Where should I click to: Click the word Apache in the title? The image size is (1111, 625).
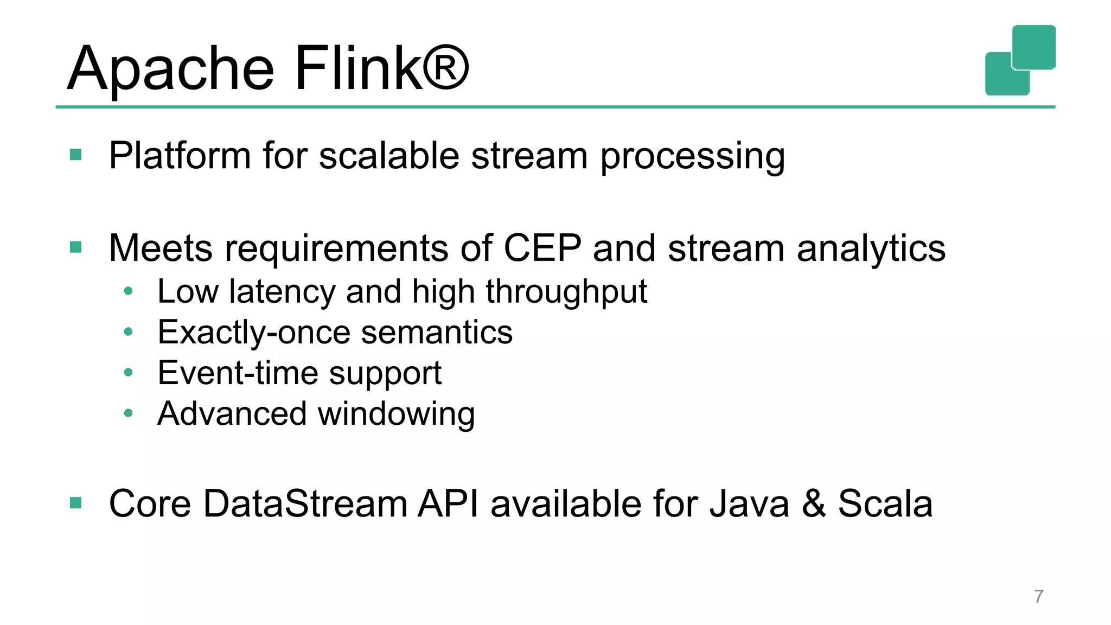[x=171, y=69]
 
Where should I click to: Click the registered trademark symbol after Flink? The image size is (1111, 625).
[x=446, y=68]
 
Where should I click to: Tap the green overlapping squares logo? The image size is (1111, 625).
[x=1020, y=60]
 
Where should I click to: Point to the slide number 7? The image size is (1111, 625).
[x=1038, y=596]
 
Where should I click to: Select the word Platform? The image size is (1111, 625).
[x=180, y=156]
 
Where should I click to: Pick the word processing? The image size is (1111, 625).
[x=692, y=157]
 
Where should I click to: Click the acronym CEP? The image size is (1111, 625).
[x=542, y=248]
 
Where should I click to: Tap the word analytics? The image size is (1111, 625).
[x=871, y=250]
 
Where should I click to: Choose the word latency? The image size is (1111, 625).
[x=282, y=292]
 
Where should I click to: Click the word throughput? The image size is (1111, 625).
[x=566, y=293]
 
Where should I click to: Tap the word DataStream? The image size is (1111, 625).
[x=305, y=503]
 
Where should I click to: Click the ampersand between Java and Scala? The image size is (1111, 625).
[x=813, y=503]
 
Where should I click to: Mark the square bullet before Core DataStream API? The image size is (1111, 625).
[x=76, y=503]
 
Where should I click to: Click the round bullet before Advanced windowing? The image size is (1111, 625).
[x=128, y=413]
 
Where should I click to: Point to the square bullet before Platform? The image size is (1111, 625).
[x=76, y=155]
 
